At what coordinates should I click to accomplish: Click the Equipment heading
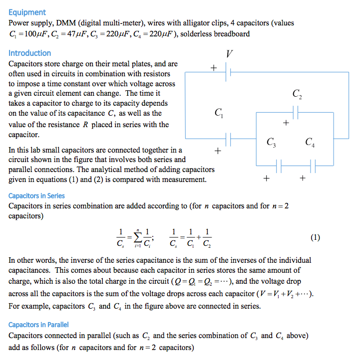(27, 12)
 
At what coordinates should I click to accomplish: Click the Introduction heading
(29, 53)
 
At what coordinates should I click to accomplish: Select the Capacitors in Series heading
(36, 196)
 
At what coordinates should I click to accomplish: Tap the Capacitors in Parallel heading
(38, 325)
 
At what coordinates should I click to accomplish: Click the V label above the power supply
(229, 53)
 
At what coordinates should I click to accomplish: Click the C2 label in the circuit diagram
(297, 94)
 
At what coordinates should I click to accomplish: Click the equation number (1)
(315, 237)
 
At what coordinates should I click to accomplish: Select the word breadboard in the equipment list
(230, 34)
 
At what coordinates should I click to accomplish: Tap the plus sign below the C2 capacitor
(286, 122)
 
